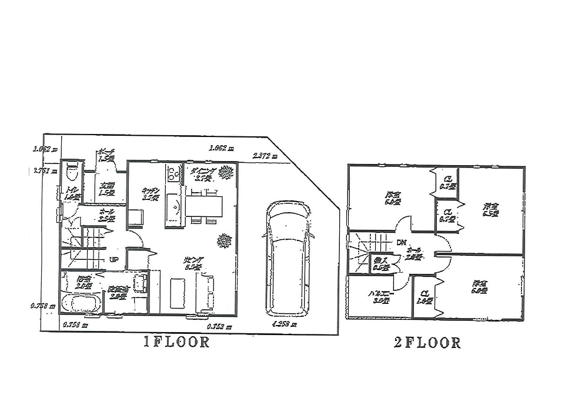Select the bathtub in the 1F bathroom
[x=82, y=304]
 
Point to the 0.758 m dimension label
[x=43, y=306]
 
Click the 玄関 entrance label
[x=106, y=188]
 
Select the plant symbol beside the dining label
[x=226, y=172]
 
